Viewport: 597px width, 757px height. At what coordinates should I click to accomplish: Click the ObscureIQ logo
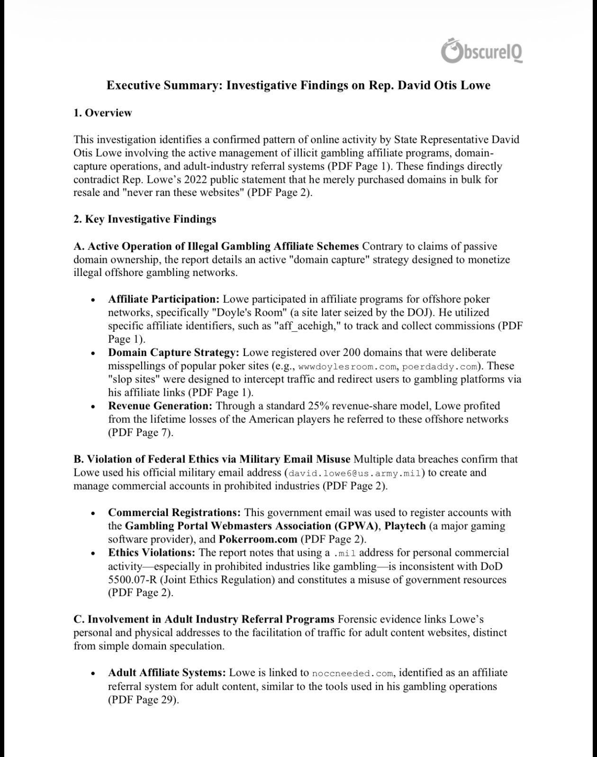pyautogui.click(x=482, y=51)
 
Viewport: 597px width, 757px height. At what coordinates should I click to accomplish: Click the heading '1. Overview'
pyautogui.click(x=103, y=113)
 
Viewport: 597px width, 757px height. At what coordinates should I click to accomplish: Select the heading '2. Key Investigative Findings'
pyautogui.click(x=145, y=219)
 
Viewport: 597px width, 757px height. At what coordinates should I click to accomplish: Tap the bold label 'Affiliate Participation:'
pyautogui.click(x=164, y=300)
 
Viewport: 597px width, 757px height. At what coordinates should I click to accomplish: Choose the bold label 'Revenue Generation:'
pyautogui.click(x=160, y=406)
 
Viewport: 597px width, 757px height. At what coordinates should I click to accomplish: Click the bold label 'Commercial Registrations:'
pyautogui.click(x=174, y=513)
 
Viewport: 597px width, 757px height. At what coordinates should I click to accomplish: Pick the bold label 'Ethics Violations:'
pyautogui.click(x=152, y=553)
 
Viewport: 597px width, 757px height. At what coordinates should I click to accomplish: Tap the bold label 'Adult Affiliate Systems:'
pyautogui.click(x=167, y=673)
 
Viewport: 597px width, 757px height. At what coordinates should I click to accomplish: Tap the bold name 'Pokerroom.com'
pyautogui.click(x=258, y=539)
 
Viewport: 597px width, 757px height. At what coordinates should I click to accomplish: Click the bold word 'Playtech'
pyautogui.click(x=405, y=526)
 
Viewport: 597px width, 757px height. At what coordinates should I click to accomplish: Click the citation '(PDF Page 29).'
pyautogui.click(x=143, y=700)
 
